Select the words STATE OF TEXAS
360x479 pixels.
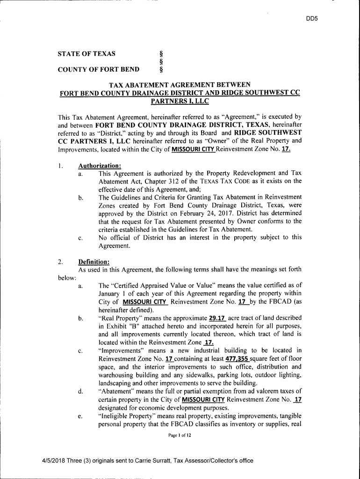86,54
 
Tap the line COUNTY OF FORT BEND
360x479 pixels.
98,70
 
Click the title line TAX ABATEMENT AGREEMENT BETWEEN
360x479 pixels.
180,85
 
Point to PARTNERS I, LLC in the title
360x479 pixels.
180,101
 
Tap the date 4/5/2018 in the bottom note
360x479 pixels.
54,461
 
